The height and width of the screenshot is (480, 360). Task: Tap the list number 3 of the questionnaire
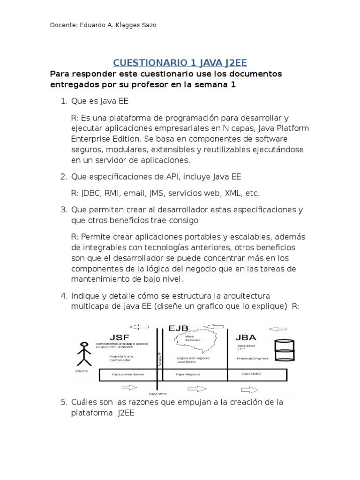click(64, 210)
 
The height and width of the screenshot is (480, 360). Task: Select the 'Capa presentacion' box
click(129, 375)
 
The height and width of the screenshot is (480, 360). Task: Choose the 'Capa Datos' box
click(257, 375)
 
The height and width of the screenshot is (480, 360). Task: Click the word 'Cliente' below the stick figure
click(82, 371)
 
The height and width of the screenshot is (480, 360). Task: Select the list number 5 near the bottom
click(64, 402)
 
